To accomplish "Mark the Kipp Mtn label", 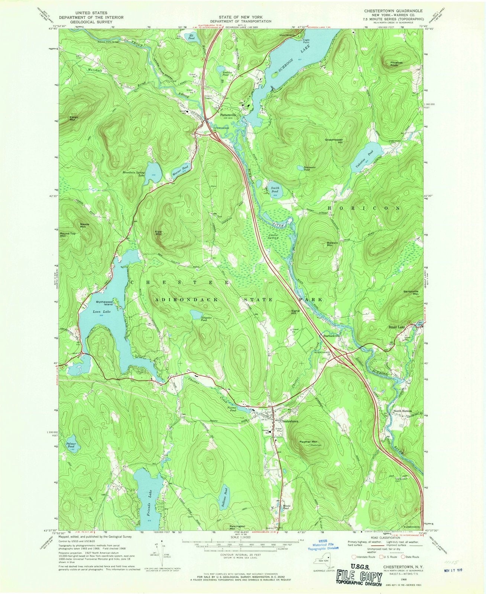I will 158,232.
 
